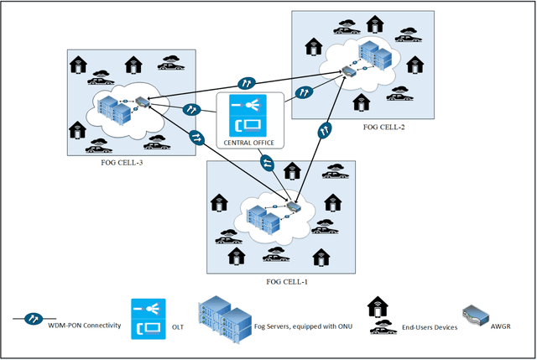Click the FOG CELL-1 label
tap(287, 282)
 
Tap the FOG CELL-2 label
tap(384, 127)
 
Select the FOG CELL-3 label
tap(122, 163)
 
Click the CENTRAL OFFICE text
tap(249, 143)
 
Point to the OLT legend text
tap(178, 327)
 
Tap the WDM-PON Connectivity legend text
tap(84, 326)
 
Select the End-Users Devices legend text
tap(430, 327)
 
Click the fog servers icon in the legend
tap(225, 320)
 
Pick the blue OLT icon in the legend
tap(149, 319)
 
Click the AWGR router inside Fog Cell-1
tap(294, 206)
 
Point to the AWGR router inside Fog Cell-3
tap(143, 102)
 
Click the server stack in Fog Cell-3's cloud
tap(114, 109)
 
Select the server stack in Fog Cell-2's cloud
tap(375, 55)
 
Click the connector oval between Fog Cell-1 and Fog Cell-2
tap(325, 130)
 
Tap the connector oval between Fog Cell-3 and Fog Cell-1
tap(196, 138)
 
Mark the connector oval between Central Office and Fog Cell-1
tap(267, 163)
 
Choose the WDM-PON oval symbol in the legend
tap(34, 319)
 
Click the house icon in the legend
tap(378, 306)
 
